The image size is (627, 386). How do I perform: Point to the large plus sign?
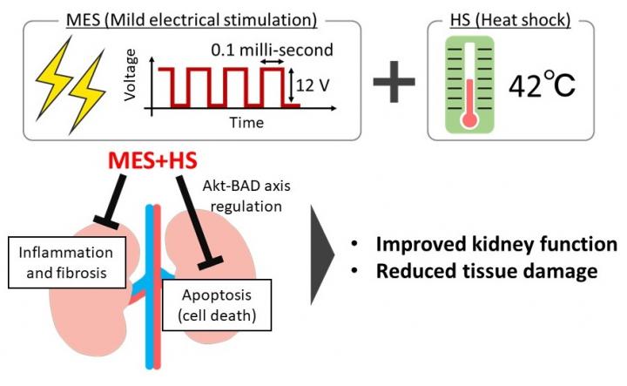pyautogui.click(x=395, y=87)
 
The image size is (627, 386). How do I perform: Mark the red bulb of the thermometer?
pyautogui.click(x=470, y=121)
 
